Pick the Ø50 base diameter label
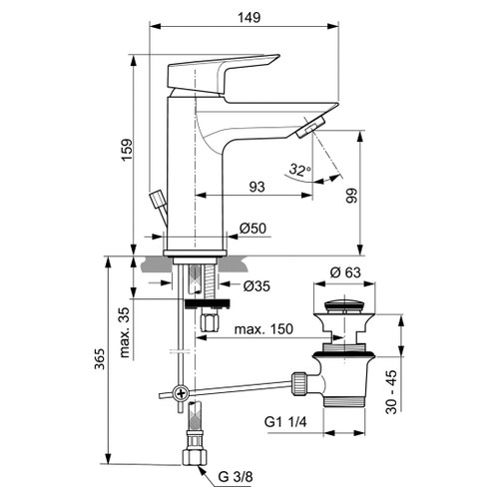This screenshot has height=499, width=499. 252,230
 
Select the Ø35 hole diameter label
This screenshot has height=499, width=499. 258,286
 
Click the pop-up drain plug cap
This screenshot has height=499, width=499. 345,296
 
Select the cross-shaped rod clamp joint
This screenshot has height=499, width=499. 179,393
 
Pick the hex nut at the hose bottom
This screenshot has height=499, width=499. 194,459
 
